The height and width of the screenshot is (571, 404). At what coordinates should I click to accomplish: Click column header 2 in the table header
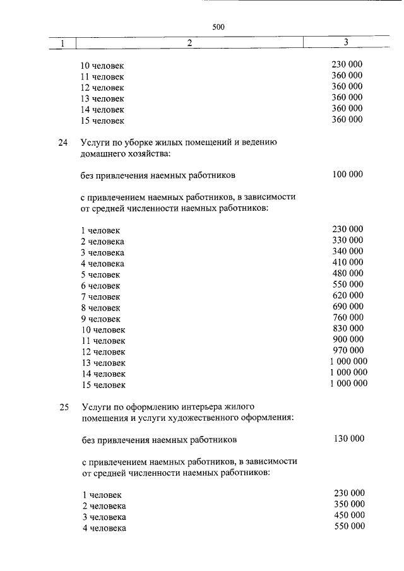(189, 43)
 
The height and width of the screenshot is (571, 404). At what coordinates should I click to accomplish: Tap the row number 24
(62, 143)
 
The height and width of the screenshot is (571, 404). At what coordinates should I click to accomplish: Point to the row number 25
(62, 407)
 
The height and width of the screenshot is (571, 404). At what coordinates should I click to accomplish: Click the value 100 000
(347, 174)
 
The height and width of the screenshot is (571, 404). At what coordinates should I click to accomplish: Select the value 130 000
(348, 439)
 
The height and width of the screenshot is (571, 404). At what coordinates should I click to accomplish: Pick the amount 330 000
(347, 240)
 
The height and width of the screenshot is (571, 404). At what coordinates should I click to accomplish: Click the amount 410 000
(347, 262)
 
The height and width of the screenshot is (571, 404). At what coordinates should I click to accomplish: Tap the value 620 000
(347, 295)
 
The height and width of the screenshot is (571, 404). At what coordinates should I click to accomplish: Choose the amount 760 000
(347, 317)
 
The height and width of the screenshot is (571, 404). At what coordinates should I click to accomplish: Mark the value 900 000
(347, 339)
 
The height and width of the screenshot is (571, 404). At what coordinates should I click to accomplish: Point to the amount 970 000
(347, 350)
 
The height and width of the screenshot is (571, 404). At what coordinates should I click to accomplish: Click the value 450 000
(349, 515)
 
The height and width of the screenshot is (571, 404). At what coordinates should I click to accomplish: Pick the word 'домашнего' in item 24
(103, 153)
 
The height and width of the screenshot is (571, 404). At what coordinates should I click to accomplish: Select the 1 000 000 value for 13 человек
(348, 362)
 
